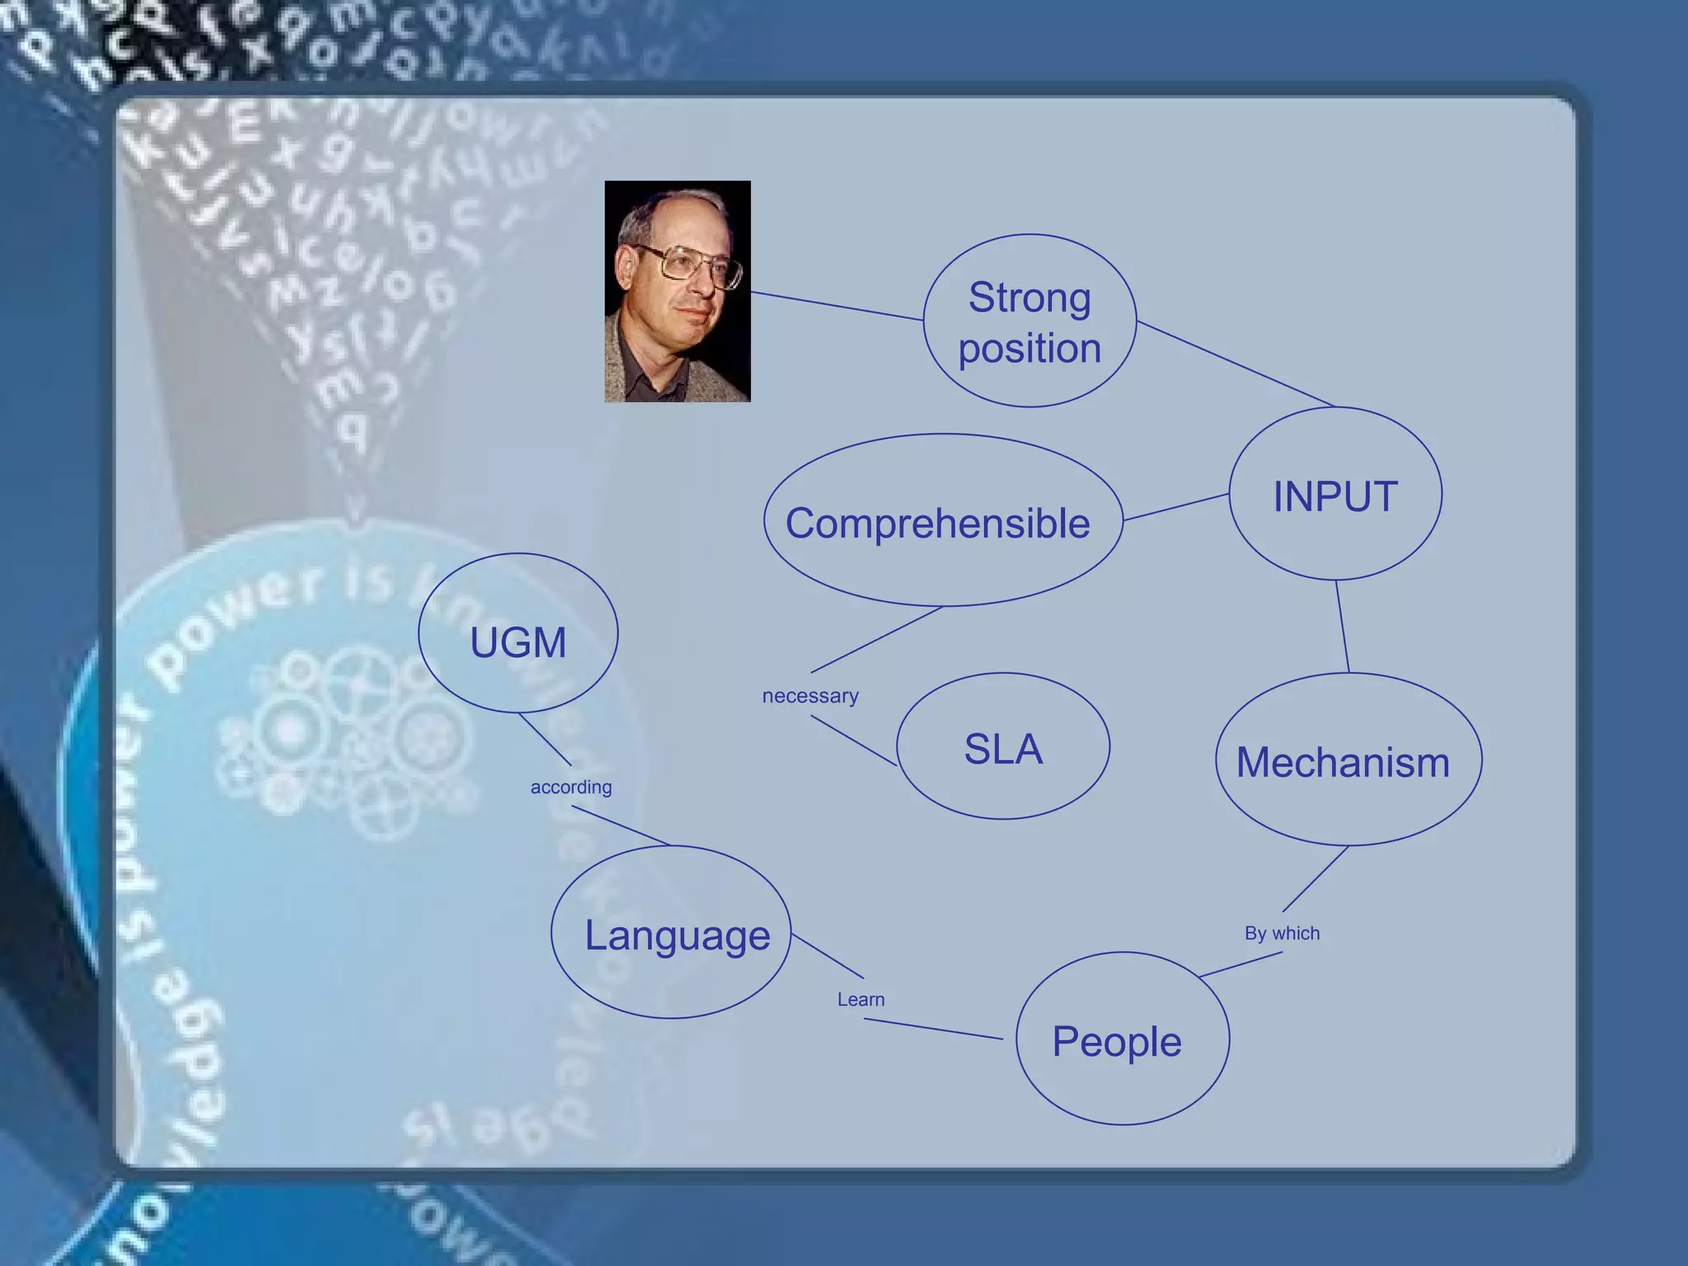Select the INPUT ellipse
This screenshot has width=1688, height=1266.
(x=1335, y=495)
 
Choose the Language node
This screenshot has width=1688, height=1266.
(x=672, y=935)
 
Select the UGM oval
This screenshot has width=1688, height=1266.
(x=518, y=641)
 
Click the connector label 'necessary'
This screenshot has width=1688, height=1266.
(x=810, y=696)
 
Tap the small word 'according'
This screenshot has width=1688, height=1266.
(x=571, y=787)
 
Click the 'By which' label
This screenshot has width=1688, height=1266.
(x=1282, y=933)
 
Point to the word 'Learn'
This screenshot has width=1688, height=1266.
(x=860, y=1000)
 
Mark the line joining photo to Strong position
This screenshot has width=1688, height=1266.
(x=837, y=305)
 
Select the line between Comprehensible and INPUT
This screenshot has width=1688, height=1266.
(x=1176, y=507)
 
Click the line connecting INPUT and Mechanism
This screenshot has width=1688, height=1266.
(x=1342, y=626)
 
